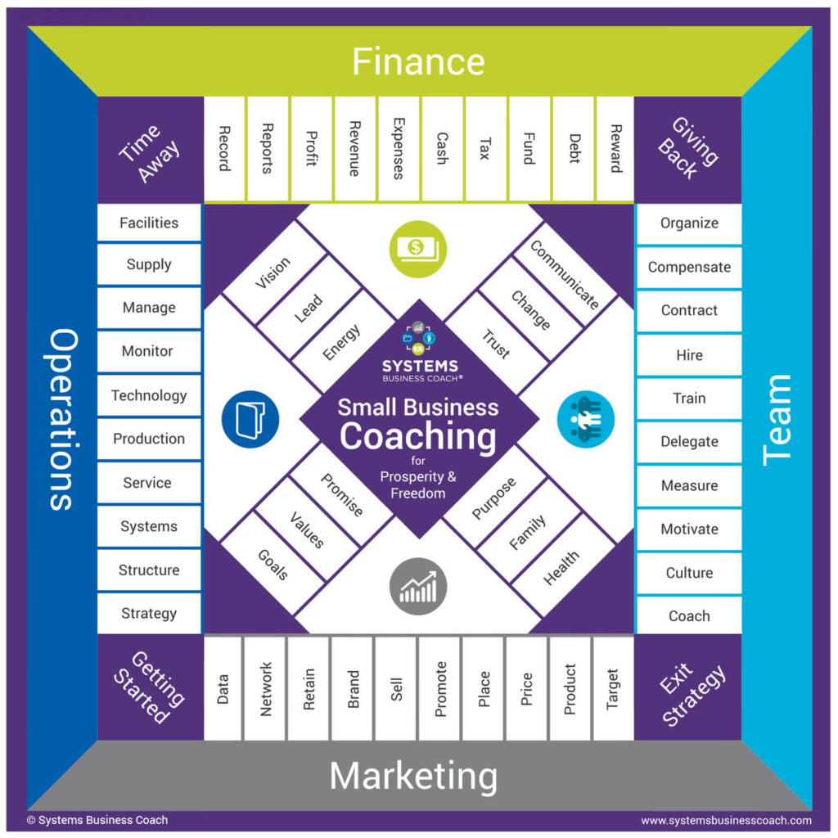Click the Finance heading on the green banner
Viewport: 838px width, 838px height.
pos(418,62)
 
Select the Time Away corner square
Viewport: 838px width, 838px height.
pos(150,151)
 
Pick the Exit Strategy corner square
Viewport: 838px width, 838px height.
pos(688,687)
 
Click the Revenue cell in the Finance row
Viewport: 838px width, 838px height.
pos(354,148)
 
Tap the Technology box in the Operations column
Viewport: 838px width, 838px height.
pos(149,395)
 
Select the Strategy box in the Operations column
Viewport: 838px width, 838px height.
pos(149,613)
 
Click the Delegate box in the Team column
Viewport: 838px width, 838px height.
pos(689,442)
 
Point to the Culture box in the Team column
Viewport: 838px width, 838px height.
pos(689,573)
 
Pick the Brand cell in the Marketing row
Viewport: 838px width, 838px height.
pos(353,688)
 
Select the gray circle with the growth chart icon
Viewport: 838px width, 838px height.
pos(417,587)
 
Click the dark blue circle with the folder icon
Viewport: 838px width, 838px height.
pos(250,419)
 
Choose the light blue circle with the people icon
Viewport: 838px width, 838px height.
pos(585,419)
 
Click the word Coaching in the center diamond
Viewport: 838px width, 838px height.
pos(417,436)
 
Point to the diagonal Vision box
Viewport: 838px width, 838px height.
pos(273,273)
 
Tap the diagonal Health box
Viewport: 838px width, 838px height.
pos(561,568)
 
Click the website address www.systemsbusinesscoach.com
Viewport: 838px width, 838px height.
pos(726,820)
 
